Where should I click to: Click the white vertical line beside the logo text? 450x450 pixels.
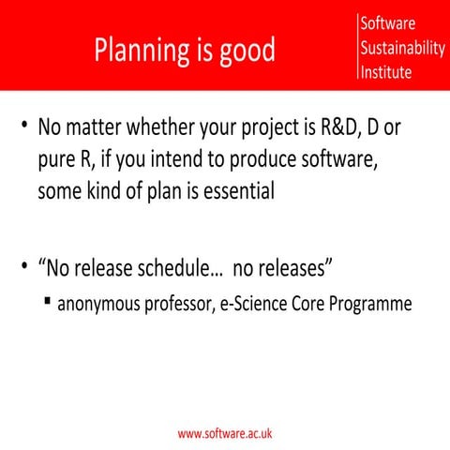coord(358,47)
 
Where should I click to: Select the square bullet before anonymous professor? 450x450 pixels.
coord(46,303)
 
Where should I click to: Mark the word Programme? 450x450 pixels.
coord(378,305)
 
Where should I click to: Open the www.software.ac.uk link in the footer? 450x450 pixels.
coord(225,434)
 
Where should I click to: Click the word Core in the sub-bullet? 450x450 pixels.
coord(322,305)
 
